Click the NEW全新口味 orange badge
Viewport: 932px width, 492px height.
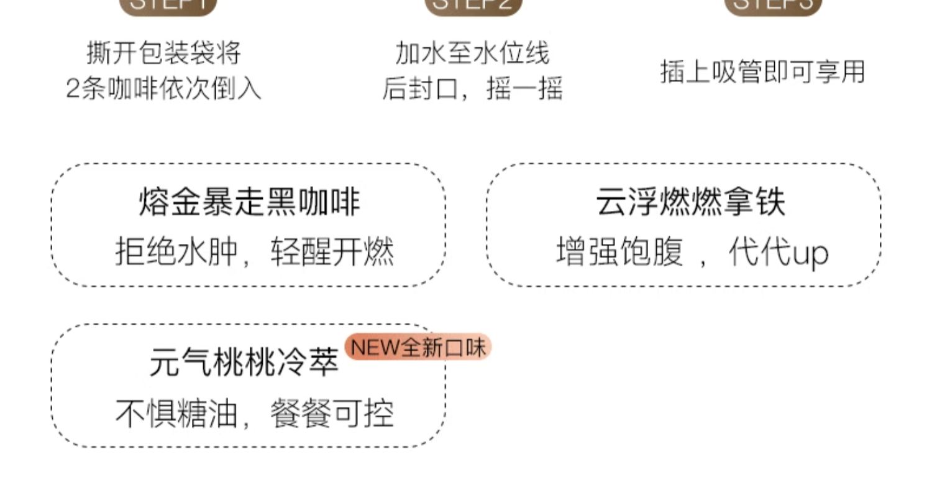point(418,347)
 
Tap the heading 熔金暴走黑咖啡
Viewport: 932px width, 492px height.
point(249,202)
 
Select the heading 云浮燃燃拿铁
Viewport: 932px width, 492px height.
point(690,202)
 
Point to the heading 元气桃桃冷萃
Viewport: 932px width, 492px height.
point(244,362)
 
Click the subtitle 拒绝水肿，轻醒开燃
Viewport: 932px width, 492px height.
point(254,253)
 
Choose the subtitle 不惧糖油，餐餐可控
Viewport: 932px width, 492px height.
point(254,414)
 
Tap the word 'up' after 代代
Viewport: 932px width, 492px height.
point(811,254)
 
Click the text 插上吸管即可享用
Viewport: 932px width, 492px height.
point(762,72)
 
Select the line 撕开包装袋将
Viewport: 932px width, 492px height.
point(163,53)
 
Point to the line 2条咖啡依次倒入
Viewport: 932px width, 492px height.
point(163,89)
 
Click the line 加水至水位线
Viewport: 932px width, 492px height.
point(472,53)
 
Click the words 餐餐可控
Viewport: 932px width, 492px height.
point(332,414)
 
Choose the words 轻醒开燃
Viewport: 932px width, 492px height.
point(332,253)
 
